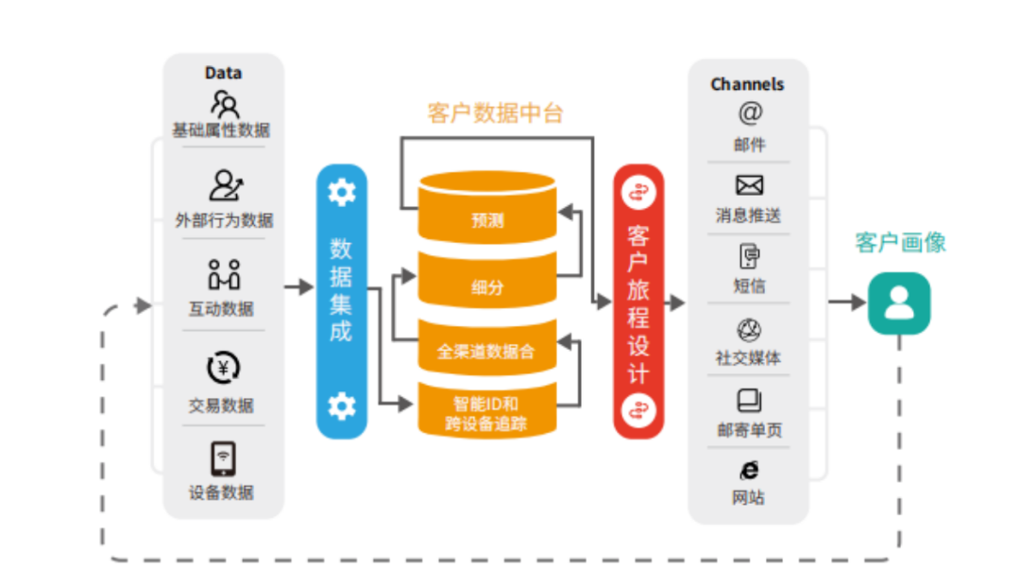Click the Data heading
(223, 73)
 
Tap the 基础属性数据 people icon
(224, 102)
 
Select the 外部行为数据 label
(224, 220)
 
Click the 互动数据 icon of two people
(224, 274)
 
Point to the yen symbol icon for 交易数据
(224, 368)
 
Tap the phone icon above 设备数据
(224, 458)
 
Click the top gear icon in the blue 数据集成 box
(341, 192)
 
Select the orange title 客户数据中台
(495, 113)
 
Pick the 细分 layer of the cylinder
(487, 286)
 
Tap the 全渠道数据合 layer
(486, 351)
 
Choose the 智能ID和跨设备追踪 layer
(486, 414)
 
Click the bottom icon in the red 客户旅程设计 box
(638, 409)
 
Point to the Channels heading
(747, 84)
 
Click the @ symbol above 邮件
(749, 112)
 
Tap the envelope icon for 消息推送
(749, 185)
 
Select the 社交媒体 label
(748, 358)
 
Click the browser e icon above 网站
(749, 470)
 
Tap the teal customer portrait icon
(899, 303)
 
